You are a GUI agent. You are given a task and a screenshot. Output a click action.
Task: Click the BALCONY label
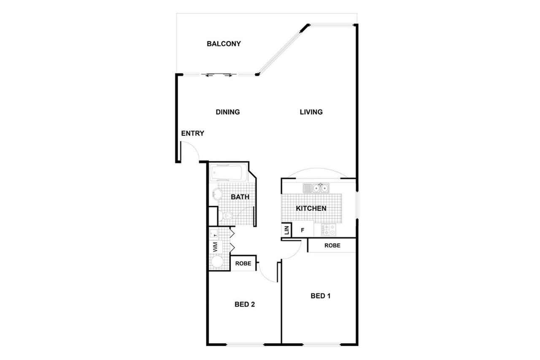pyautogui.click(x=224, y=43)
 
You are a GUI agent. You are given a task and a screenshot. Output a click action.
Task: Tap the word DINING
pyautogui.click(x=228, y=112)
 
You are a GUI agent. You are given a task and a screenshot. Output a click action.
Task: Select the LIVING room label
pyautogui.click(x=311, y=112)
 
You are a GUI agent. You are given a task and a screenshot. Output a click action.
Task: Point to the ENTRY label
pyautogui.click(x=193, y=133)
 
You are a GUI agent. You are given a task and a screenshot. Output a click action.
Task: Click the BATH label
pyautogui.click(x=240, y=197)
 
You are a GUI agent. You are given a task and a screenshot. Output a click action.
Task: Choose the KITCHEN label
pyautogui.click(x=311, y=208)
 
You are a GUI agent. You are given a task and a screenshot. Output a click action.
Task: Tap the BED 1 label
pyautogui.click(x=320, y=296)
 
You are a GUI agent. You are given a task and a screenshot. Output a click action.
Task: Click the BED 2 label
pyautogui.click(x=245, y=304)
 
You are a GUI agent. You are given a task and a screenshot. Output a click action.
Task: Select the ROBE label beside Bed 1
pyautogui.click(x=332, y=246)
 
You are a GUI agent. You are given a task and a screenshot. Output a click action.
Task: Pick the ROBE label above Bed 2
pyautogui.click(x=243, y=263)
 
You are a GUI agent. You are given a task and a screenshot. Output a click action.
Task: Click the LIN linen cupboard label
pyautogui.click(x=286, y=230)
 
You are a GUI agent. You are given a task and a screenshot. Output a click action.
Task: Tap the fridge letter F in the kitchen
pyautogui.click(x=302, y=230)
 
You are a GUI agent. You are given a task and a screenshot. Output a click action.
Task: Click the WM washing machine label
pyautogui.click(x=215, y=247)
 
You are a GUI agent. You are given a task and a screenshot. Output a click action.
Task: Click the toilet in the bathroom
pyautogui.click(x=225, y=215)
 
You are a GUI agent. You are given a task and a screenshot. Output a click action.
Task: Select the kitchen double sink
pyautogui.click(x=316, y=188)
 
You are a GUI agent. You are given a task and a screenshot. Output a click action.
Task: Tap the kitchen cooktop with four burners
pyautogui.click(x=328, y=230)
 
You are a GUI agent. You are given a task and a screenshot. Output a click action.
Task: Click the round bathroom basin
pyautogui.click(x=217, y=194)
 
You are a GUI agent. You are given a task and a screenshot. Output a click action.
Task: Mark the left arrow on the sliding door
pyautogui.click(x=209, y=76)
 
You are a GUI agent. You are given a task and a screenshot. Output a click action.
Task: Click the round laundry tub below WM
pyautogui.click(x=217, y=262)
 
